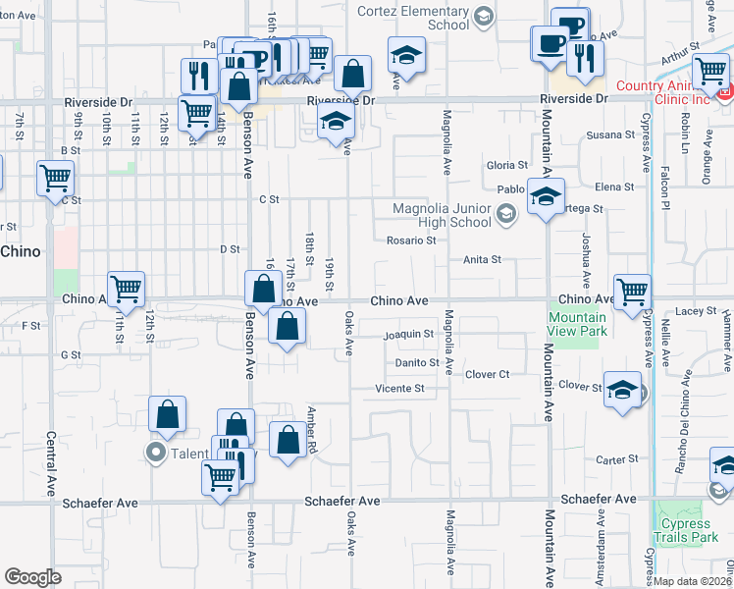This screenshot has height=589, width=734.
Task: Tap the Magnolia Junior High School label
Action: [442, 215]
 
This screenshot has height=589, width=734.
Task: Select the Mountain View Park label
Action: [577, 324]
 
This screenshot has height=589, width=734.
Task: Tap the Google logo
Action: [32, 577]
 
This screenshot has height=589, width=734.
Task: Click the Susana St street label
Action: [610, 134]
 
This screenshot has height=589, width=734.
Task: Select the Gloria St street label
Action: [507, 166]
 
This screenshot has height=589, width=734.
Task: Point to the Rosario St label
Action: [410, 240]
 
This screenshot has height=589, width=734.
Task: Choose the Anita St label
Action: [483, 260]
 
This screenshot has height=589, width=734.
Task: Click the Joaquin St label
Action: [408, 335]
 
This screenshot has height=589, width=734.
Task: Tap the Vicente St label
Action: [400, 389]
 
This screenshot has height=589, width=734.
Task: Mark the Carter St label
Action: [617, 459]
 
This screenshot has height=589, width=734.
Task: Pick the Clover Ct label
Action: [488, 374]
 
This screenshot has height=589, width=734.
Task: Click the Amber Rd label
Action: [312, 429]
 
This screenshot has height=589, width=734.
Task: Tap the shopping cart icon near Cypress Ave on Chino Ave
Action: [632, 291]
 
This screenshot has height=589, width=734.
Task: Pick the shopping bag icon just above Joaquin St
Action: [287, 327]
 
